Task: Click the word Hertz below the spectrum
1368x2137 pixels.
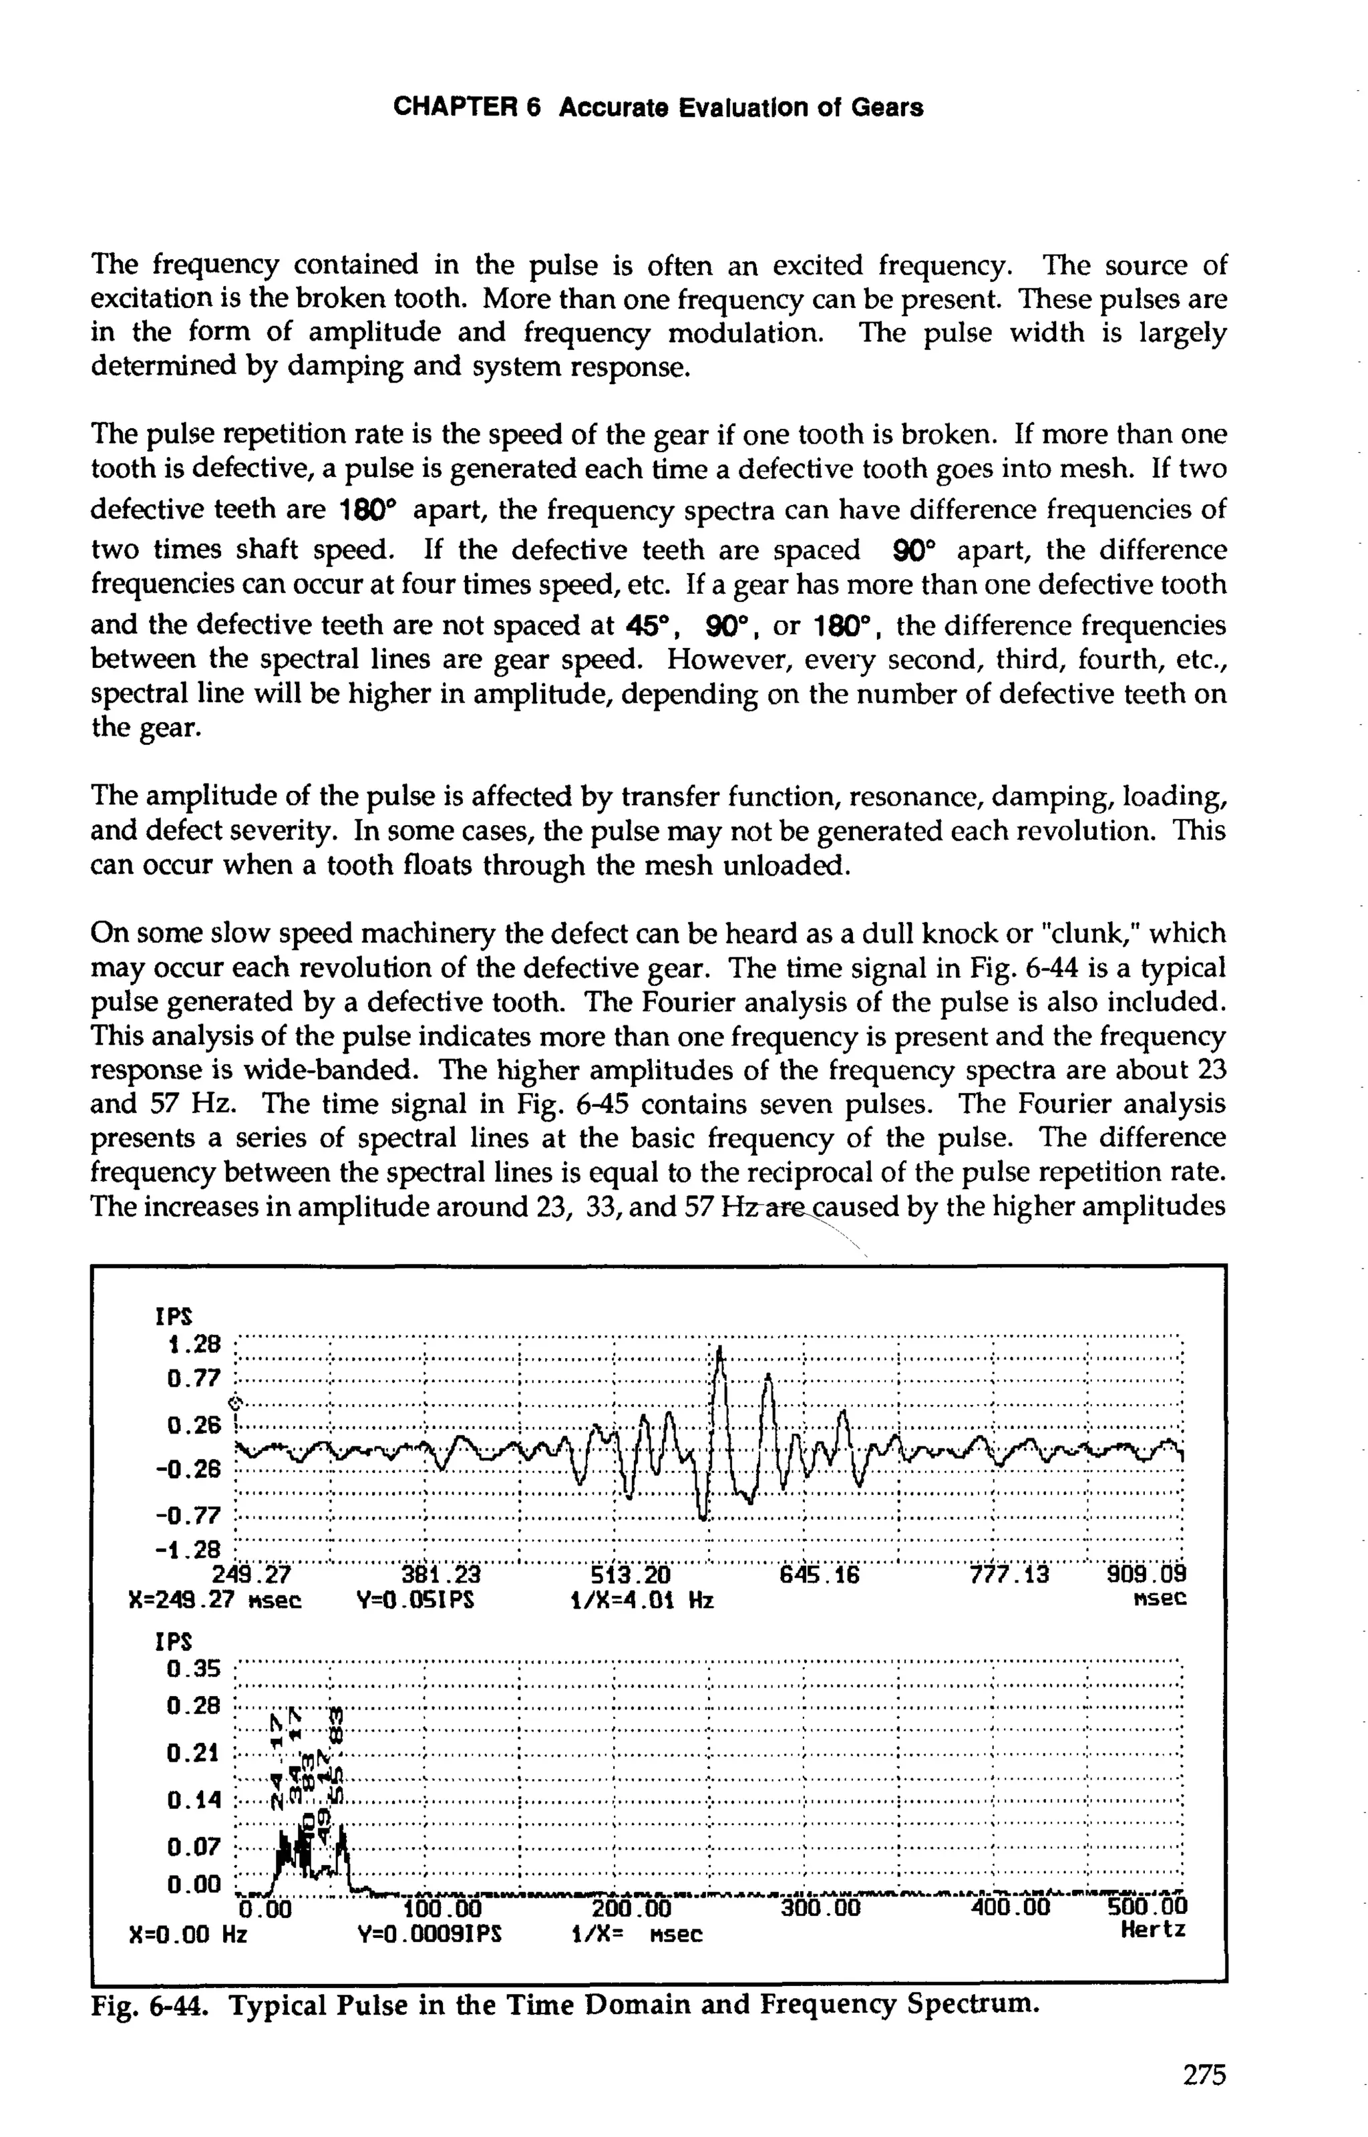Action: click(1152, 1929)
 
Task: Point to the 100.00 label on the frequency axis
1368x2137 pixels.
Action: click(442, 1908)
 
